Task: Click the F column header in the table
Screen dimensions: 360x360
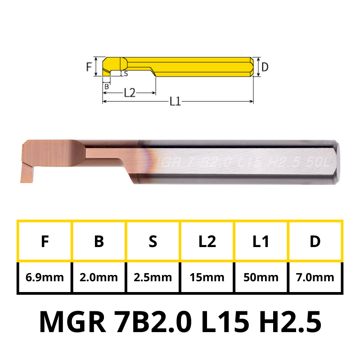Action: click(45, 241)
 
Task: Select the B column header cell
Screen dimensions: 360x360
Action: click(99, 241)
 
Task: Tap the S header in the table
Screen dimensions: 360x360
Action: click(153, 241)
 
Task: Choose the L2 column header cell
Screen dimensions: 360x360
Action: click(207, 241)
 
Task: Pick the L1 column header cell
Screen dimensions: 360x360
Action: click(261, 241)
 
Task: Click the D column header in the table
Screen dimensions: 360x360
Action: click(315, 241)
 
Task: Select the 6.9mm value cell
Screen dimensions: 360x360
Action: click(45, 277)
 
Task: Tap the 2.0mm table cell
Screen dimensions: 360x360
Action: click(99, 277)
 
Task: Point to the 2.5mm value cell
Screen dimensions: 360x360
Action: click(153, 277)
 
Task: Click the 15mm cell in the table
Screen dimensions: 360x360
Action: click(207, 277)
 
